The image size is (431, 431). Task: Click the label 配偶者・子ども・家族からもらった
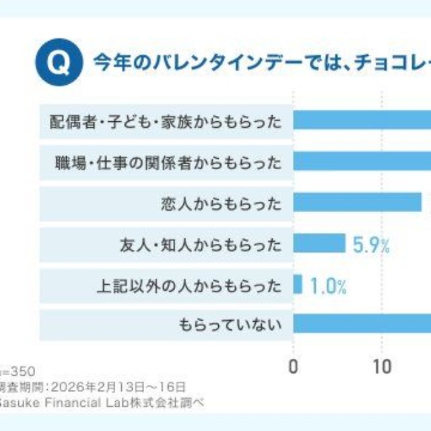pyautogui.click(x=166, y=121)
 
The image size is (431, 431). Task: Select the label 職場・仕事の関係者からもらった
pyautogui.click(x=168, y=162)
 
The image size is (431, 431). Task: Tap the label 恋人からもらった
pyautogui.click(x=221, y=203)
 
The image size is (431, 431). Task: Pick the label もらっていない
pyautogui.click(x=230, y=325)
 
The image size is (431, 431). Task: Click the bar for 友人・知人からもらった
pyautogui.click(x=319, y=243)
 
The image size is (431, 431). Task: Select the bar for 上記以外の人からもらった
pyautogui.click(x=298, y=284)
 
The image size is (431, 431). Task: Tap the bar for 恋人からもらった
pyautogui.click(x=357, y=203)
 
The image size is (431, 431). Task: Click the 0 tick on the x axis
pyautogui.click(x=293, y=366)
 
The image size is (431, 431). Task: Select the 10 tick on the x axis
pyautogui.click(x=383, y=366)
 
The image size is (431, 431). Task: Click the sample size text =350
pyautogui.click(x=18, y=371)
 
